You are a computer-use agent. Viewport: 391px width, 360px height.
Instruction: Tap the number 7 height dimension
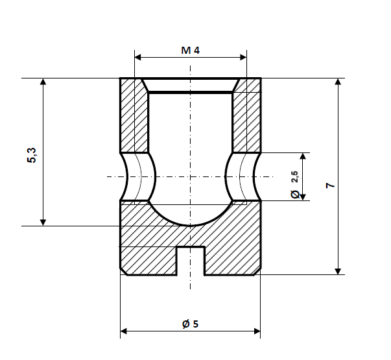pyautogui.click(x=330, y=186)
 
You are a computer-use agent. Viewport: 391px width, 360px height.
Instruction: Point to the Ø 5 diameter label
pyautogui.click(x=190, y=324)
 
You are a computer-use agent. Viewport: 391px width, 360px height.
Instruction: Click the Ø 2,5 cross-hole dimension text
pyautogui.click(x=294, y=184)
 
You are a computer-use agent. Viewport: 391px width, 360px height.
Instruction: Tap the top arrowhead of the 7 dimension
pyautogui.click(x=337, y=83)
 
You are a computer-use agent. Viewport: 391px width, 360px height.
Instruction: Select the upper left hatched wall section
pyautogui.click(x=134, y=117)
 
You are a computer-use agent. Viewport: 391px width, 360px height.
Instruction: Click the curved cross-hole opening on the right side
pyautogui.click(x=242, y=176)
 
